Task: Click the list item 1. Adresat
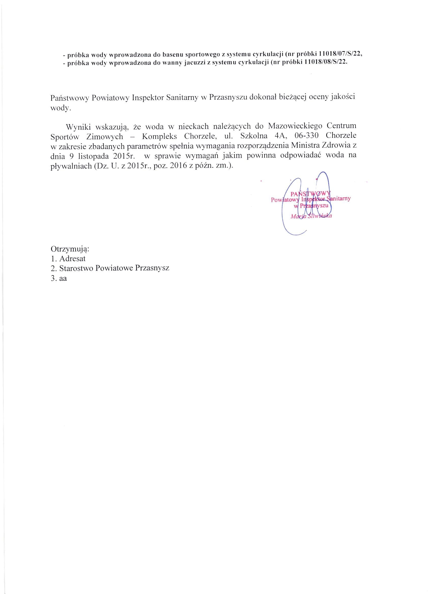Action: [x=68, y=259]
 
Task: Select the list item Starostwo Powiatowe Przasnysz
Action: [x=114, y=268]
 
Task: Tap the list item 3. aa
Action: [x=59, y=278]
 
